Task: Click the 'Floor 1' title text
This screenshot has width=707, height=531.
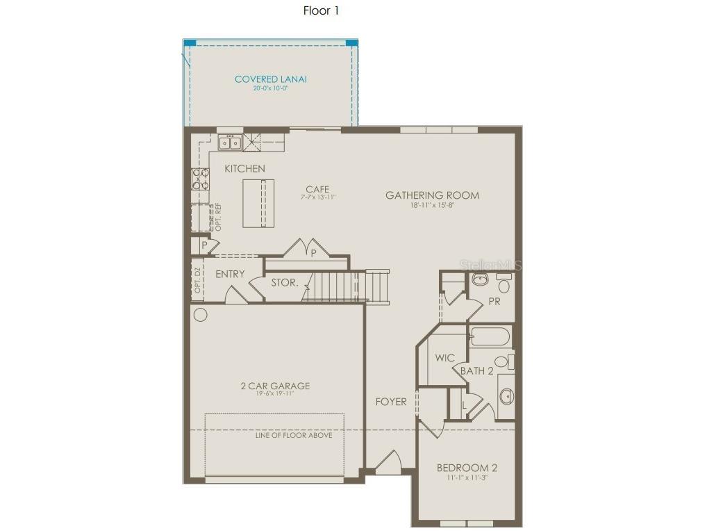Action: tap(321, 10)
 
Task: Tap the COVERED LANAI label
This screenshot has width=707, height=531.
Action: tap(270, 79)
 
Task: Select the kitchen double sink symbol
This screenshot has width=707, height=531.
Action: tap(229, 143)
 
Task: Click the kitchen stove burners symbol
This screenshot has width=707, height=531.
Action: tap(200, 179)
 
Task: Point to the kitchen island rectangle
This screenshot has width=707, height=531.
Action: tap(258, 203)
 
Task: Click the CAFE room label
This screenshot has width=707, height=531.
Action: tap(317, 189)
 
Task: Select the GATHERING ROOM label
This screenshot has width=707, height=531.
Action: tap(432, 195)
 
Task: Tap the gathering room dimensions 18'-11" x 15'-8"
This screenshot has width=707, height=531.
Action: tap(432, 206)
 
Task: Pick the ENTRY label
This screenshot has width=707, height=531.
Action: tap(229, 275)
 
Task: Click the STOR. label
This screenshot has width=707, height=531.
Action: tap(285, 283)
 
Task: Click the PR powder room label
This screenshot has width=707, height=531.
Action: tap(494, 302)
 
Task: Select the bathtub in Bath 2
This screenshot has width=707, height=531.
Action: tap(490, 337)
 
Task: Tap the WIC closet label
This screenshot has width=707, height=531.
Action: tap(444, 358)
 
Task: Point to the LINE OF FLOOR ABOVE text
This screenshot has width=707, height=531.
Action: tap(294, 435)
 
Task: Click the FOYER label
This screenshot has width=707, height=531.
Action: tap(391, 402)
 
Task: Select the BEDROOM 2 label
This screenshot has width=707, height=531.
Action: tap(467, 468)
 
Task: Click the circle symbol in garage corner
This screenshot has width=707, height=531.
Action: tap(200, 315)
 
